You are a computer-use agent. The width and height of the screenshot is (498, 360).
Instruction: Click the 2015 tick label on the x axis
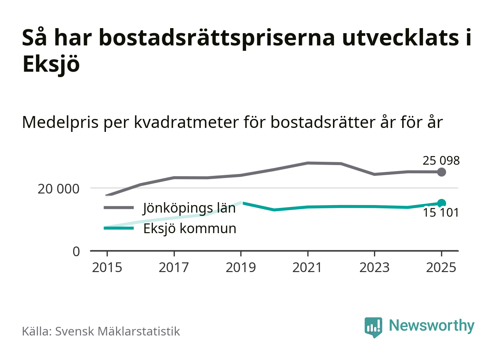point(107,268)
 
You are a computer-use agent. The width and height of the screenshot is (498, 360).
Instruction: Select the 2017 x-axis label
point(174,268)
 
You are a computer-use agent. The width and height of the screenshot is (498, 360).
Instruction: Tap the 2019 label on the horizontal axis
point(241,268)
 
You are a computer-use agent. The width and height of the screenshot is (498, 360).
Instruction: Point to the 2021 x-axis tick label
point(307,268)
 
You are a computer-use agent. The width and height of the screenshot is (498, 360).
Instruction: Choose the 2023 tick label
point(374,268)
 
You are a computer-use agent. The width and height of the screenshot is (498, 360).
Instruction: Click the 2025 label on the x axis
point(441,268)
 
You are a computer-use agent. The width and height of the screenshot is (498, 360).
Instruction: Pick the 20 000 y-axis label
point(58,188)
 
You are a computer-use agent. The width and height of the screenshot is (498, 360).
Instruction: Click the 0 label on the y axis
point(76,251)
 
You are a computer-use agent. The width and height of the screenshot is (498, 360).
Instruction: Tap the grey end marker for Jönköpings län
point(441,172)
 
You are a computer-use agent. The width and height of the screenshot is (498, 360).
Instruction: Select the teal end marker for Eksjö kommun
point(441,203)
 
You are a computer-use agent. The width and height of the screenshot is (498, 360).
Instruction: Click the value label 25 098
point(441,161)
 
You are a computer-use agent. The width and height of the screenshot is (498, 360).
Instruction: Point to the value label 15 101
point(441,213)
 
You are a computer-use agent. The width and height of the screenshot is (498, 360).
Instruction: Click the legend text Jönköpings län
point(189,208)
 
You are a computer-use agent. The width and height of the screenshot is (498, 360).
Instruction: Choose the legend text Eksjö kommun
point(190,228)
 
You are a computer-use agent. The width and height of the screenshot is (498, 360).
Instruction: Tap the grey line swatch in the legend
point(119,208)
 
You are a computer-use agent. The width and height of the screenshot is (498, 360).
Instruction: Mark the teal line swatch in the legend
point(119,228)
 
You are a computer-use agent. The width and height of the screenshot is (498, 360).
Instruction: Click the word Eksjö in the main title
point(51,65)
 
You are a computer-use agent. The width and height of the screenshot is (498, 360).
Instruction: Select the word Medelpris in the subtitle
point(60,122)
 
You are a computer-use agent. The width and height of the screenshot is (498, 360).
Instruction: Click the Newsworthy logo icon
point(373,327)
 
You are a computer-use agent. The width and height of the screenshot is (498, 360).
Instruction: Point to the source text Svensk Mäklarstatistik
point(117,331)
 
